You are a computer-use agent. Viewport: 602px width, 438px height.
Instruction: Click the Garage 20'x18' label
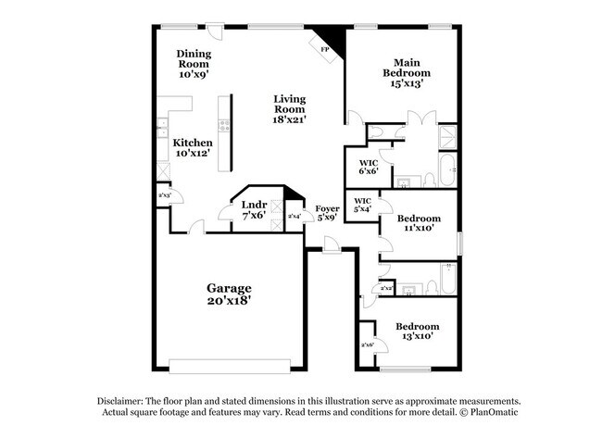228,294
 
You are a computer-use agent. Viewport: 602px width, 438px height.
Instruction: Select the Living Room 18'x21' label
290,108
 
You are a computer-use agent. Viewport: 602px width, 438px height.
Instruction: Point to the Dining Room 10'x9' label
194,64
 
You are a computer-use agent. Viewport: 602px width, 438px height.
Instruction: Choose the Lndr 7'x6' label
254,209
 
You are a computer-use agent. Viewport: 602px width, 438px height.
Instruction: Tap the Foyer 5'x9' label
327,214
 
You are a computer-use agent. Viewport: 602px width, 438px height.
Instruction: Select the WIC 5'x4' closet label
362,205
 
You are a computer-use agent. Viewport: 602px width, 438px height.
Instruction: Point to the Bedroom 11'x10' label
419,224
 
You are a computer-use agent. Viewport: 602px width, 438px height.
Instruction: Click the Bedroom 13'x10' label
417,331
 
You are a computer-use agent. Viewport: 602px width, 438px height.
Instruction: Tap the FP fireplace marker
325,49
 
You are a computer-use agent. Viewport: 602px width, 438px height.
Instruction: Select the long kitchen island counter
223,132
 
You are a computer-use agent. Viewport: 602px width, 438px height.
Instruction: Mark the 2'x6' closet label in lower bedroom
367,345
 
